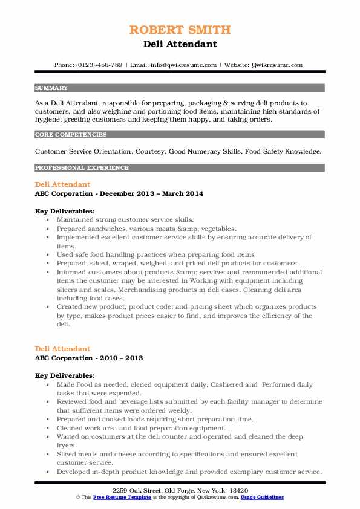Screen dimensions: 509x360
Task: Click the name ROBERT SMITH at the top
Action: click(x=180, y=30)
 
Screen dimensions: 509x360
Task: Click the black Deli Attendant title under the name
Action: click(x=180, y=44)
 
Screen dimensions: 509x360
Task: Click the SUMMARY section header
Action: click(x=51, y=88)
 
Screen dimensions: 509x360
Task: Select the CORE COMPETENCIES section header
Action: click(x=71, y=135)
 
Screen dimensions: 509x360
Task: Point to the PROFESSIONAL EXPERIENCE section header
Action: click(x=82, y=167)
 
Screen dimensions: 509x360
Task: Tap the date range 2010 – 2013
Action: click(x=119, y=358)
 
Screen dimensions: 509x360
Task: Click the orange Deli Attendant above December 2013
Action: click(x=62, y=184)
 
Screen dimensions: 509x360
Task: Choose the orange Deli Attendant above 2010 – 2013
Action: click(x=62, y=349)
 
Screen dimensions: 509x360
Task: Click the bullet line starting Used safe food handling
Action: click(x=155, y=255)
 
